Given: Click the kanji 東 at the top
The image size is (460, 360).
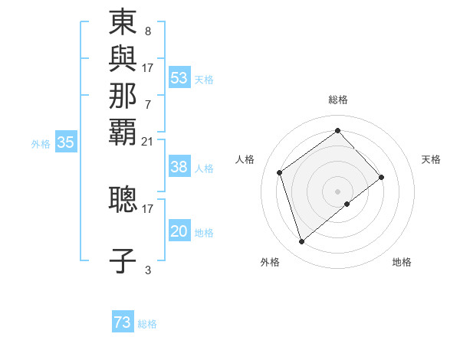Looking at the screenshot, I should click(x=123, y=23).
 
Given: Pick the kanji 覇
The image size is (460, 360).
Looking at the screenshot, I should click(x=123, y=131).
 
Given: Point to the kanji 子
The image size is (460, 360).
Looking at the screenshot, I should click(x=123, y=260).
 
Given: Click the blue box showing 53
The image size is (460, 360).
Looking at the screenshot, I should click(x=179, y=77).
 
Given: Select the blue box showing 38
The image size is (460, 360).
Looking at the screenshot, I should click(x=179, y=167).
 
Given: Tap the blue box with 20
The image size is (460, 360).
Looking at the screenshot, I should click(x=179, y=231).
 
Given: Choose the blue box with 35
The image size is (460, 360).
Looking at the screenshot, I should click(x=66, y=142).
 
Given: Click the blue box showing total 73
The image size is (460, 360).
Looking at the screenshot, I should click(x=123, y=322).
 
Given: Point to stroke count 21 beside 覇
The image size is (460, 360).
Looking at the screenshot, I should click(x=148, y=141).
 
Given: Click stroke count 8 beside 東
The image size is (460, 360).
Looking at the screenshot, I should click(x=147, y=32).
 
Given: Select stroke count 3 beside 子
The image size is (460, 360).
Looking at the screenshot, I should click(x=147, y=270).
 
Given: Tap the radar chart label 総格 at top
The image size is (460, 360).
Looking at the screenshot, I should click(x=338, y=100).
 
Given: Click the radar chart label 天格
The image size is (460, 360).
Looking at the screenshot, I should click(x=431, y=159).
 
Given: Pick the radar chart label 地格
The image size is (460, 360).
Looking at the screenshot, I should click(x=402, y=262).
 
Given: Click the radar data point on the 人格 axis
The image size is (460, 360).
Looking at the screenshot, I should click(x=280, y=172).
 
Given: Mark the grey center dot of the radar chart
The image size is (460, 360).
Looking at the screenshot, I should click(x=338, y=190).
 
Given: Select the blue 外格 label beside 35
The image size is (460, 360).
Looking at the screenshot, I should click(x=41, y=142).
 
